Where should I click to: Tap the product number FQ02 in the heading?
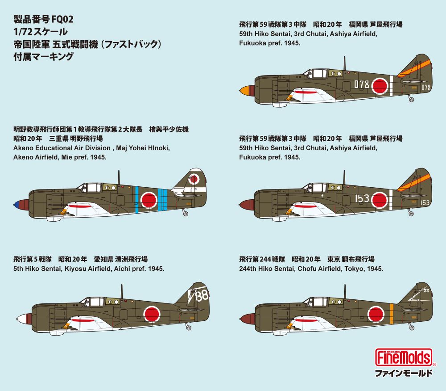pos(62,19)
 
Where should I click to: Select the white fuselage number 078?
pos(362,84)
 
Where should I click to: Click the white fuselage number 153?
pos(362,198)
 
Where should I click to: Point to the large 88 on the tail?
pos(202,295)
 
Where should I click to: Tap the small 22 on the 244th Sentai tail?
pos(426,291)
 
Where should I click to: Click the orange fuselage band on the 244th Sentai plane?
pos(392,314)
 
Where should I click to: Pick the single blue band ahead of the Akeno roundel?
pos(137,199)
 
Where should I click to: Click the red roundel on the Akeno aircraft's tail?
pos(194,179)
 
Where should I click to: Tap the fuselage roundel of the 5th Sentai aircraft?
pos(151,314)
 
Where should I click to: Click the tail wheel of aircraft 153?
pos(411,213)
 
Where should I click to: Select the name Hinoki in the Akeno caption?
pos(160,148)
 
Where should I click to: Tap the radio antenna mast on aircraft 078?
pos(344,63)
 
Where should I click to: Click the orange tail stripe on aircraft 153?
pos(414,182)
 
